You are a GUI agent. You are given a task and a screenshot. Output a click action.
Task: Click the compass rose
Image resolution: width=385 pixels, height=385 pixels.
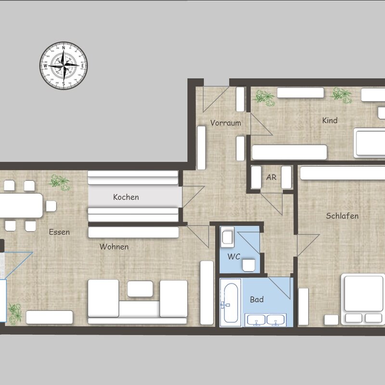64,65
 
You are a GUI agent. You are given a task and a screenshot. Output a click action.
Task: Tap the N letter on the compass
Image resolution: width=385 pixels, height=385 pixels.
64,48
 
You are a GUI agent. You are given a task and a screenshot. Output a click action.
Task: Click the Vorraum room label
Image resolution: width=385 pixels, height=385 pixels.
226,123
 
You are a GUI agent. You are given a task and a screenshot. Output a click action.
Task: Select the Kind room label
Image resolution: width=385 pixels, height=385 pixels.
330,120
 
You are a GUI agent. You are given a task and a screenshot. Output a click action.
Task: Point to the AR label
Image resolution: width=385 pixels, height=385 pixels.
271,177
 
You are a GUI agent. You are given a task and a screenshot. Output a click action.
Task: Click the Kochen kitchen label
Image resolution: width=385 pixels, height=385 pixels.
126,197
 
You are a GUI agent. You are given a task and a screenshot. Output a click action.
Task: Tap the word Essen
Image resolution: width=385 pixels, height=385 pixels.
59,232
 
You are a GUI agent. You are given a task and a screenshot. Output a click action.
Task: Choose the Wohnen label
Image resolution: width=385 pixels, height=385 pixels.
114,246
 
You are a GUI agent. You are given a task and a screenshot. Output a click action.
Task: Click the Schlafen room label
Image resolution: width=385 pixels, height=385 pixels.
342,216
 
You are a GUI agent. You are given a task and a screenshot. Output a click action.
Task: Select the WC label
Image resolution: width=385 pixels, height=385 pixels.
234,257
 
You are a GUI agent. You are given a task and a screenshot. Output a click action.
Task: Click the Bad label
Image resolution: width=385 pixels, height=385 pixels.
257,299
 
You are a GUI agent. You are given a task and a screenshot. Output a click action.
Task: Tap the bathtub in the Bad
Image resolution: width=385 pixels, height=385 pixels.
231,303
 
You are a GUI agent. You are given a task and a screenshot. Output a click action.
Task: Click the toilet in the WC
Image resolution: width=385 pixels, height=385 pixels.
249,265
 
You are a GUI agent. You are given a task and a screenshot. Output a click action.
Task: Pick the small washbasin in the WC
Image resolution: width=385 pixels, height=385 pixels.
227,237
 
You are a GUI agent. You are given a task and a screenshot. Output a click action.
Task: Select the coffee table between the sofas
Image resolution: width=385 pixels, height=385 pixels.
140,289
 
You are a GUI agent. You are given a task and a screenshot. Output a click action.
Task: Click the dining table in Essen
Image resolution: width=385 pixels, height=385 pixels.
21,205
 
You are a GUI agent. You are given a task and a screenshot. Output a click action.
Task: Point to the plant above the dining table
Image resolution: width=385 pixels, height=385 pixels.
59,182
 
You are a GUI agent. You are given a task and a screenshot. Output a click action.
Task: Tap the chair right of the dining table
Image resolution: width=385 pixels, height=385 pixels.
51,206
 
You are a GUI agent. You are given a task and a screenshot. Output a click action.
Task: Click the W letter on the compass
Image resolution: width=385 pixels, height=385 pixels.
45,66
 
